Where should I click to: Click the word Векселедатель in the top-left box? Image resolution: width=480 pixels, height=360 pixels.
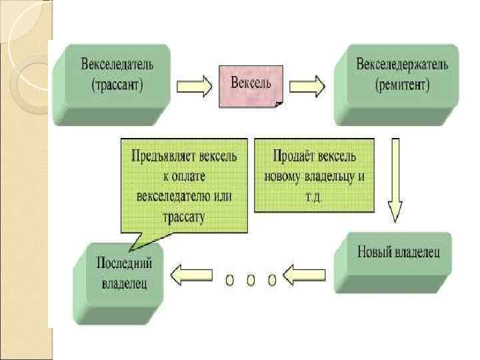click(117, 65)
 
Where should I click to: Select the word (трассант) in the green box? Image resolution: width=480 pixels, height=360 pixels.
click(117, 85)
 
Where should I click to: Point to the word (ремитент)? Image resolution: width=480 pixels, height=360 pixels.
click(402, 85)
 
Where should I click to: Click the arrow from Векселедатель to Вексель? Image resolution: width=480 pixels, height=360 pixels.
click(194, 85)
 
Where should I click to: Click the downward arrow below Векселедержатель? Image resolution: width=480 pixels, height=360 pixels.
click(395, 180)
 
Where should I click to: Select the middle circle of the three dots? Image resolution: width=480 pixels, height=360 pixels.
click(251, 281)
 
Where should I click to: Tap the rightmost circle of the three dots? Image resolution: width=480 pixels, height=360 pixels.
click(272, 281)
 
